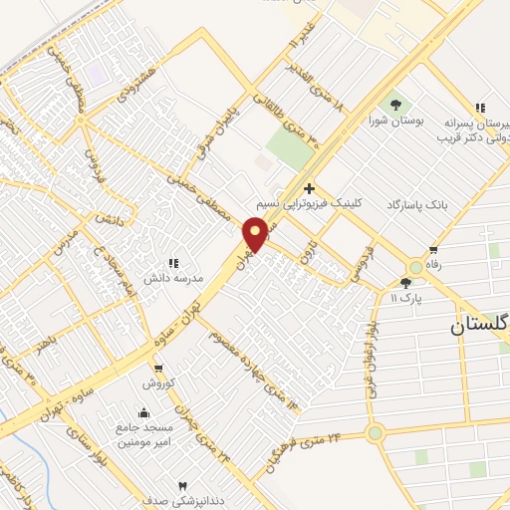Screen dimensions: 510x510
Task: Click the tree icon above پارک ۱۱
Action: (405, 284)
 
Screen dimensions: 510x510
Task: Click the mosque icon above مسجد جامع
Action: (144, 412)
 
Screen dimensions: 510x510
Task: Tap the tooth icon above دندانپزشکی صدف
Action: (181, 484)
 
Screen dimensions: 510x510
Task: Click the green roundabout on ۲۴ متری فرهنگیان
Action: (375, 432)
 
